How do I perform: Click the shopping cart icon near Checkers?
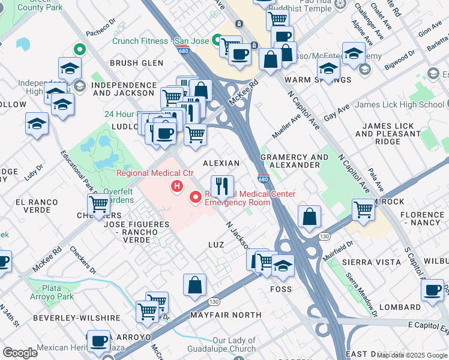click(99, 205)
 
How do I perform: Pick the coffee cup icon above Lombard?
click(432, 290)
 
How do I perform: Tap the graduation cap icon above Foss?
click(282, 265)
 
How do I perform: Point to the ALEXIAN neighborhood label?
click(221, 163)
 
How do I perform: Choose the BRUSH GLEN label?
click(136, 63)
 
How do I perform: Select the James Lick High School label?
click(399, 104)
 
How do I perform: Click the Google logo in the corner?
click(20, 353)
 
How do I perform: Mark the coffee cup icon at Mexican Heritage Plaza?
click(99, 341)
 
